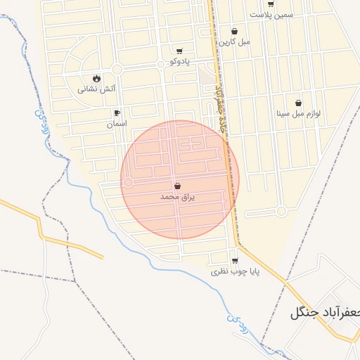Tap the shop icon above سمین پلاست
pyautogui.click(x=271, y=4)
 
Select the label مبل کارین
pyautogui.click(x=234, y=41)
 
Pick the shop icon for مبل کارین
pyautogui.click(x=234, y=31)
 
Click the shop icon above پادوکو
pyautogui.click(x=179, y=51)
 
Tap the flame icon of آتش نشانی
pyautogui.click(x=96, y=78)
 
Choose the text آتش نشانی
pyautogui.click(x=96, y=89)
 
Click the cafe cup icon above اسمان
pyautogui.click(x=116, y=112)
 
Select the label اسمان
pyautogui.click(x=116, y=124)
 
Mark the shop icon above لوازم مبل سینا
pyautogui.click(x=298, y=103)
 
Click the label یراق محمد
pyautogui.click(x=176, y=198)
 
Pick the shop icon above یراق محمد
pyautogui.click(x=176, y=186)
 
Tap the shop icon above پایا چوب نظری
pyautogui.click(x=235, y=260)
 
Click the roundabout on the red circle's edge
pyautogui.click(x=128, y=182)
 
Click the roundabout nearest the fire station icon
pyautogui.click(x=117, y=69)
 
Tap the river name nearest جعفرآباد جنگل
pyautogui.click(x=238, y=321)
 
